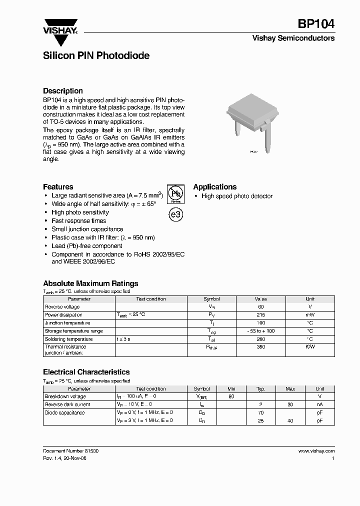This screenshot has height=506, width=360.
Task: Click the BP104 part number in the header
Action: coord(316,24)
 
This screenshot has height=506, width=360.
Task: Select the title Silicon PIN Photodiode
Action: coord(96,56)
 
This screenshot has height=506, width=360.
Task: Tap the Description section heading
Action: coord(63,91)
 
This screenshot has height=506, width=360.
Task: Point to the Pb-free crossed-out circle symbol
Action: coord(174,193)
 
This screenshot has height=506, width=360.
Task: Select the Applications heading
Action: coord(215,186)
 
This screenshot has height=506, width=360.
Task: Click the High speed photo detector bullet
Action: coord(236,196)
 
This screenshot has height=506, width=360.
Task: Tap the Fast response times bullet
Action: coord(78,220)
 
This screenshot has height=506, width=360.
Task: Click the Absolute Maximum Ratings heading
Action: coord(90,283)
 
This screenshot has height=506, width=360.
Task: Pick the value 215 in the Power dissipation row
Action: coord(260,315)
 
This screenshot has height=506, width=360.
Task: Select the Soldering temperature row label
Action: coord(69,339)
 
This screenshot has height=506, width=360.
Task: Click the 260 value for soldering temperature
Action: coord(260,339)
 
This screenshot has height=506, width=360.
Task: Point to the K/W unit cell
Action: coord(310,346)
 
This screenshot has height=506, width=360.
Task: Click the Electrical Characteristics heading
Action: coord(86,372)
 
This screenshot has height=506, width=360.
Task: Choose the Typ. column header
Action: coord(260,388)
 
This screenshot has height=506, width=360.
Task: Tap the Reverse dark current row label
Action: coord(67,404)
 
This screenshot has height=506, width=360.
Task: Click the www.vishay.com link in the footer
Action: coord(316,450)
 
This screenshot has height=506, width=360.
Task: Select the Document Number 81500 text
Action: coord(70,450)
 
